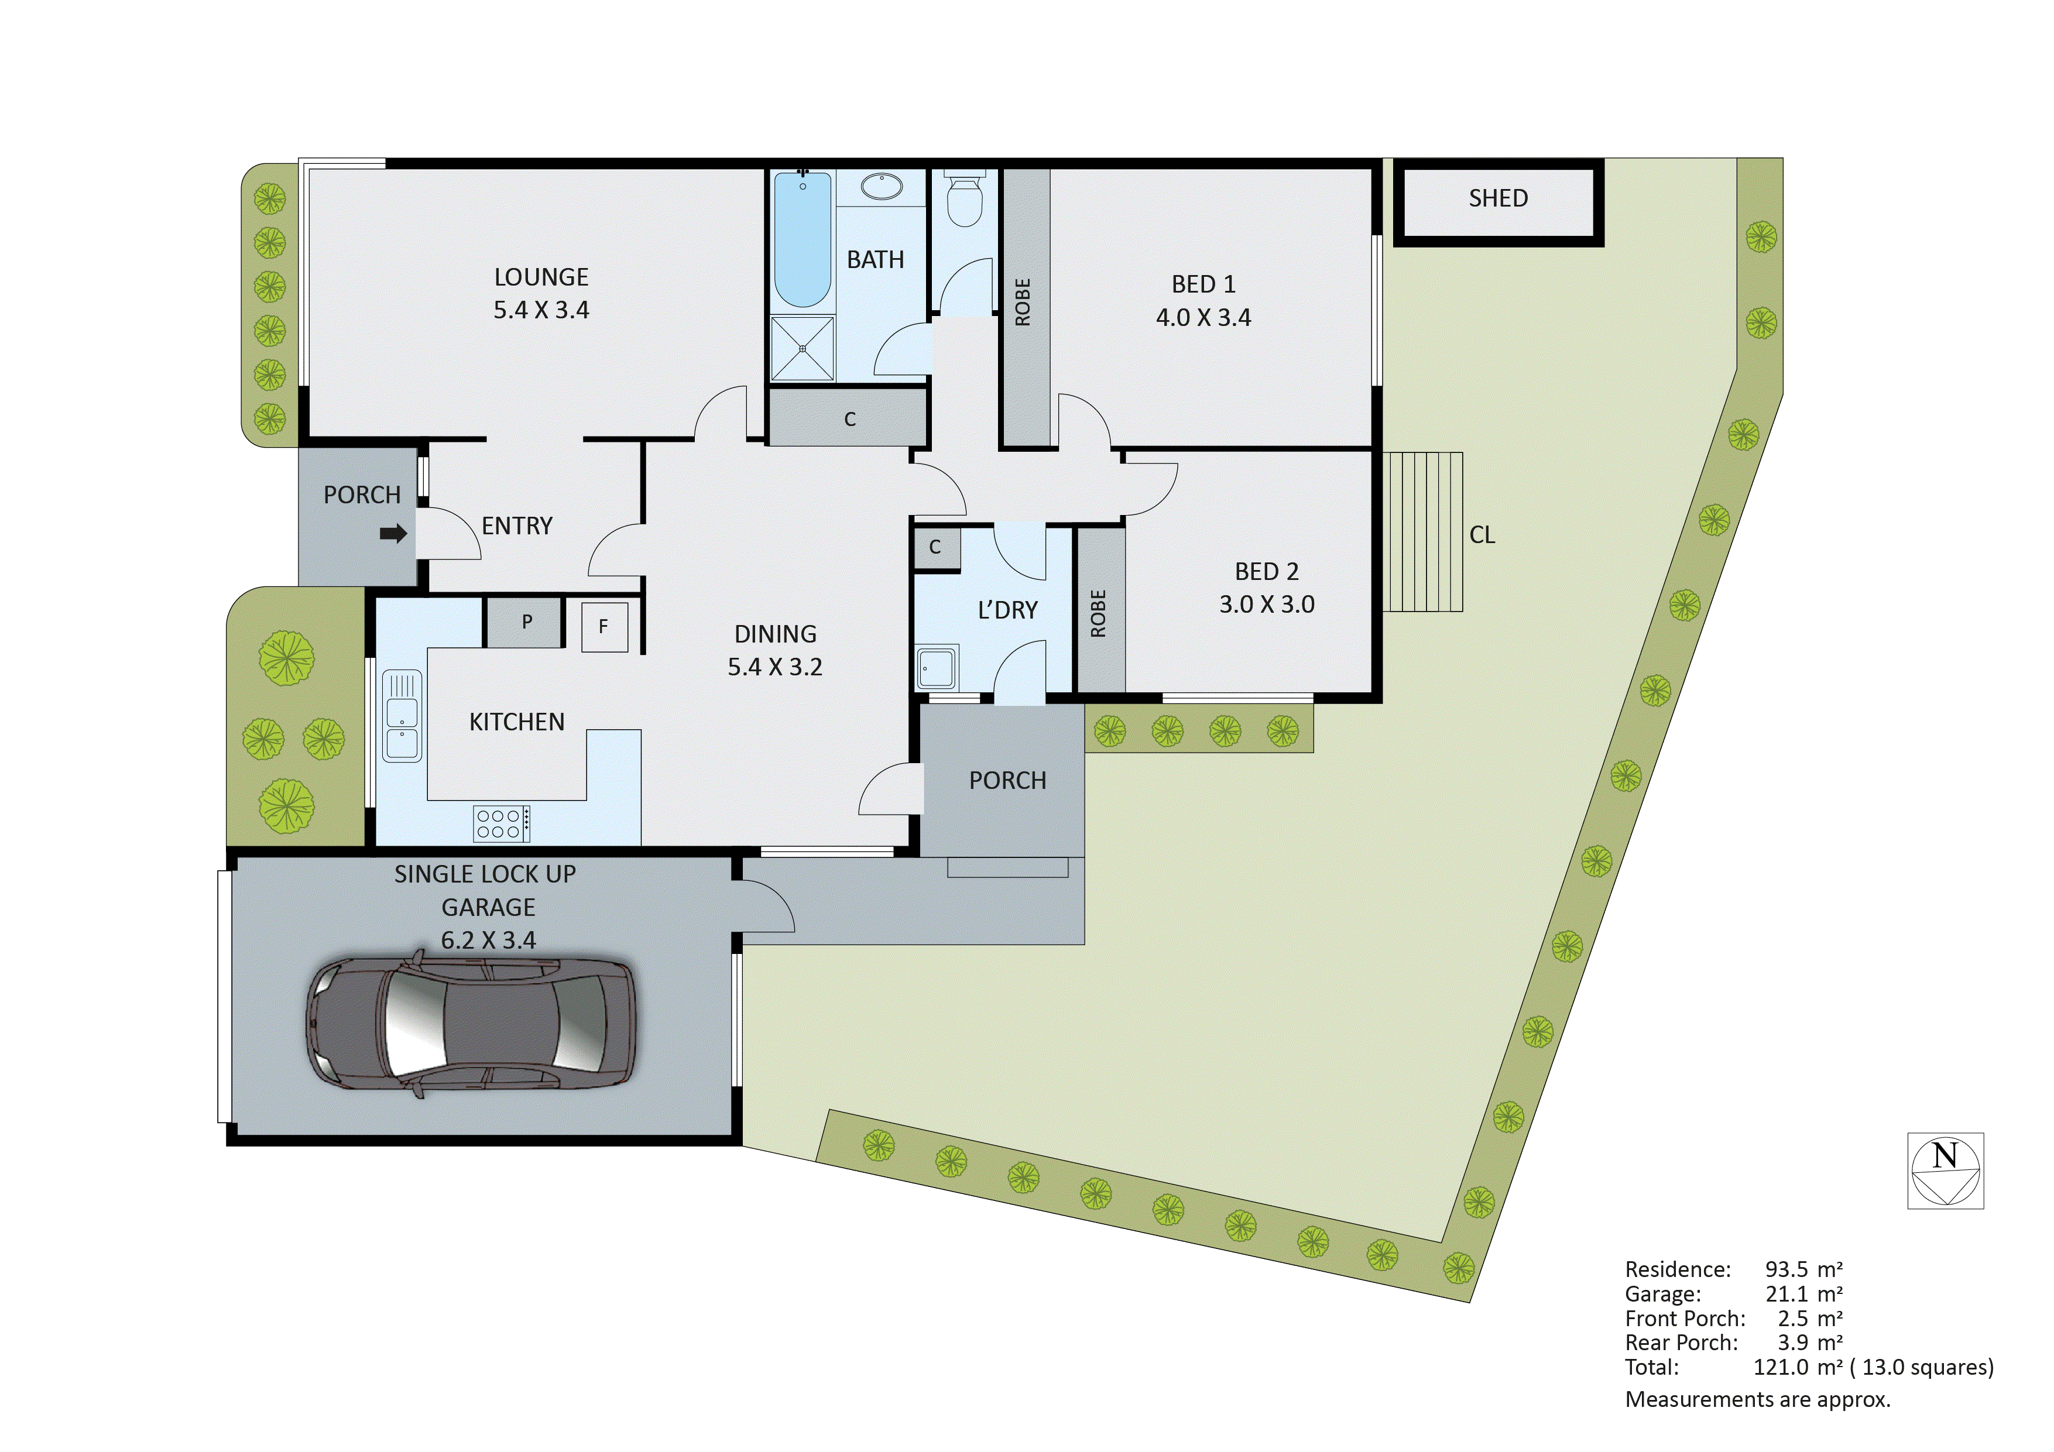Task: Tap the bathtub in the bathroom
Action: click(x=803, y=240)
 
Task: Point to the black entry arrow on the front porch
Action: click(x=393, y=534)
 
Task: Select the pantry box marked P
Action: click(x=526, y=622)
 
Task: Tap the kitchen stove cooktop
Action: click(x=502, y=823)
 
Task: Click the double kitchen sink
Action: click(x=402, y=716)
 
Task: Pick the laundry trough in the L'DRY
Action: click(x=937, y=667)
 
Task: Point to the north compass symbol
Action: click(x=1945, y=1170)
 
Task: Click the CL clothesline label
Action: click(x=1482, y=535)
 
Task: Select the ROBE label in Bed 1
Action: click(x=1023, y=303)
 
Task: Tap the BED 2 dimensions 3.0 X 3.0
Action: click(x=1266, y=605)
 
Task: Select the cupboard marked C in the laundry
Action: click(x=935, y=548)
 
